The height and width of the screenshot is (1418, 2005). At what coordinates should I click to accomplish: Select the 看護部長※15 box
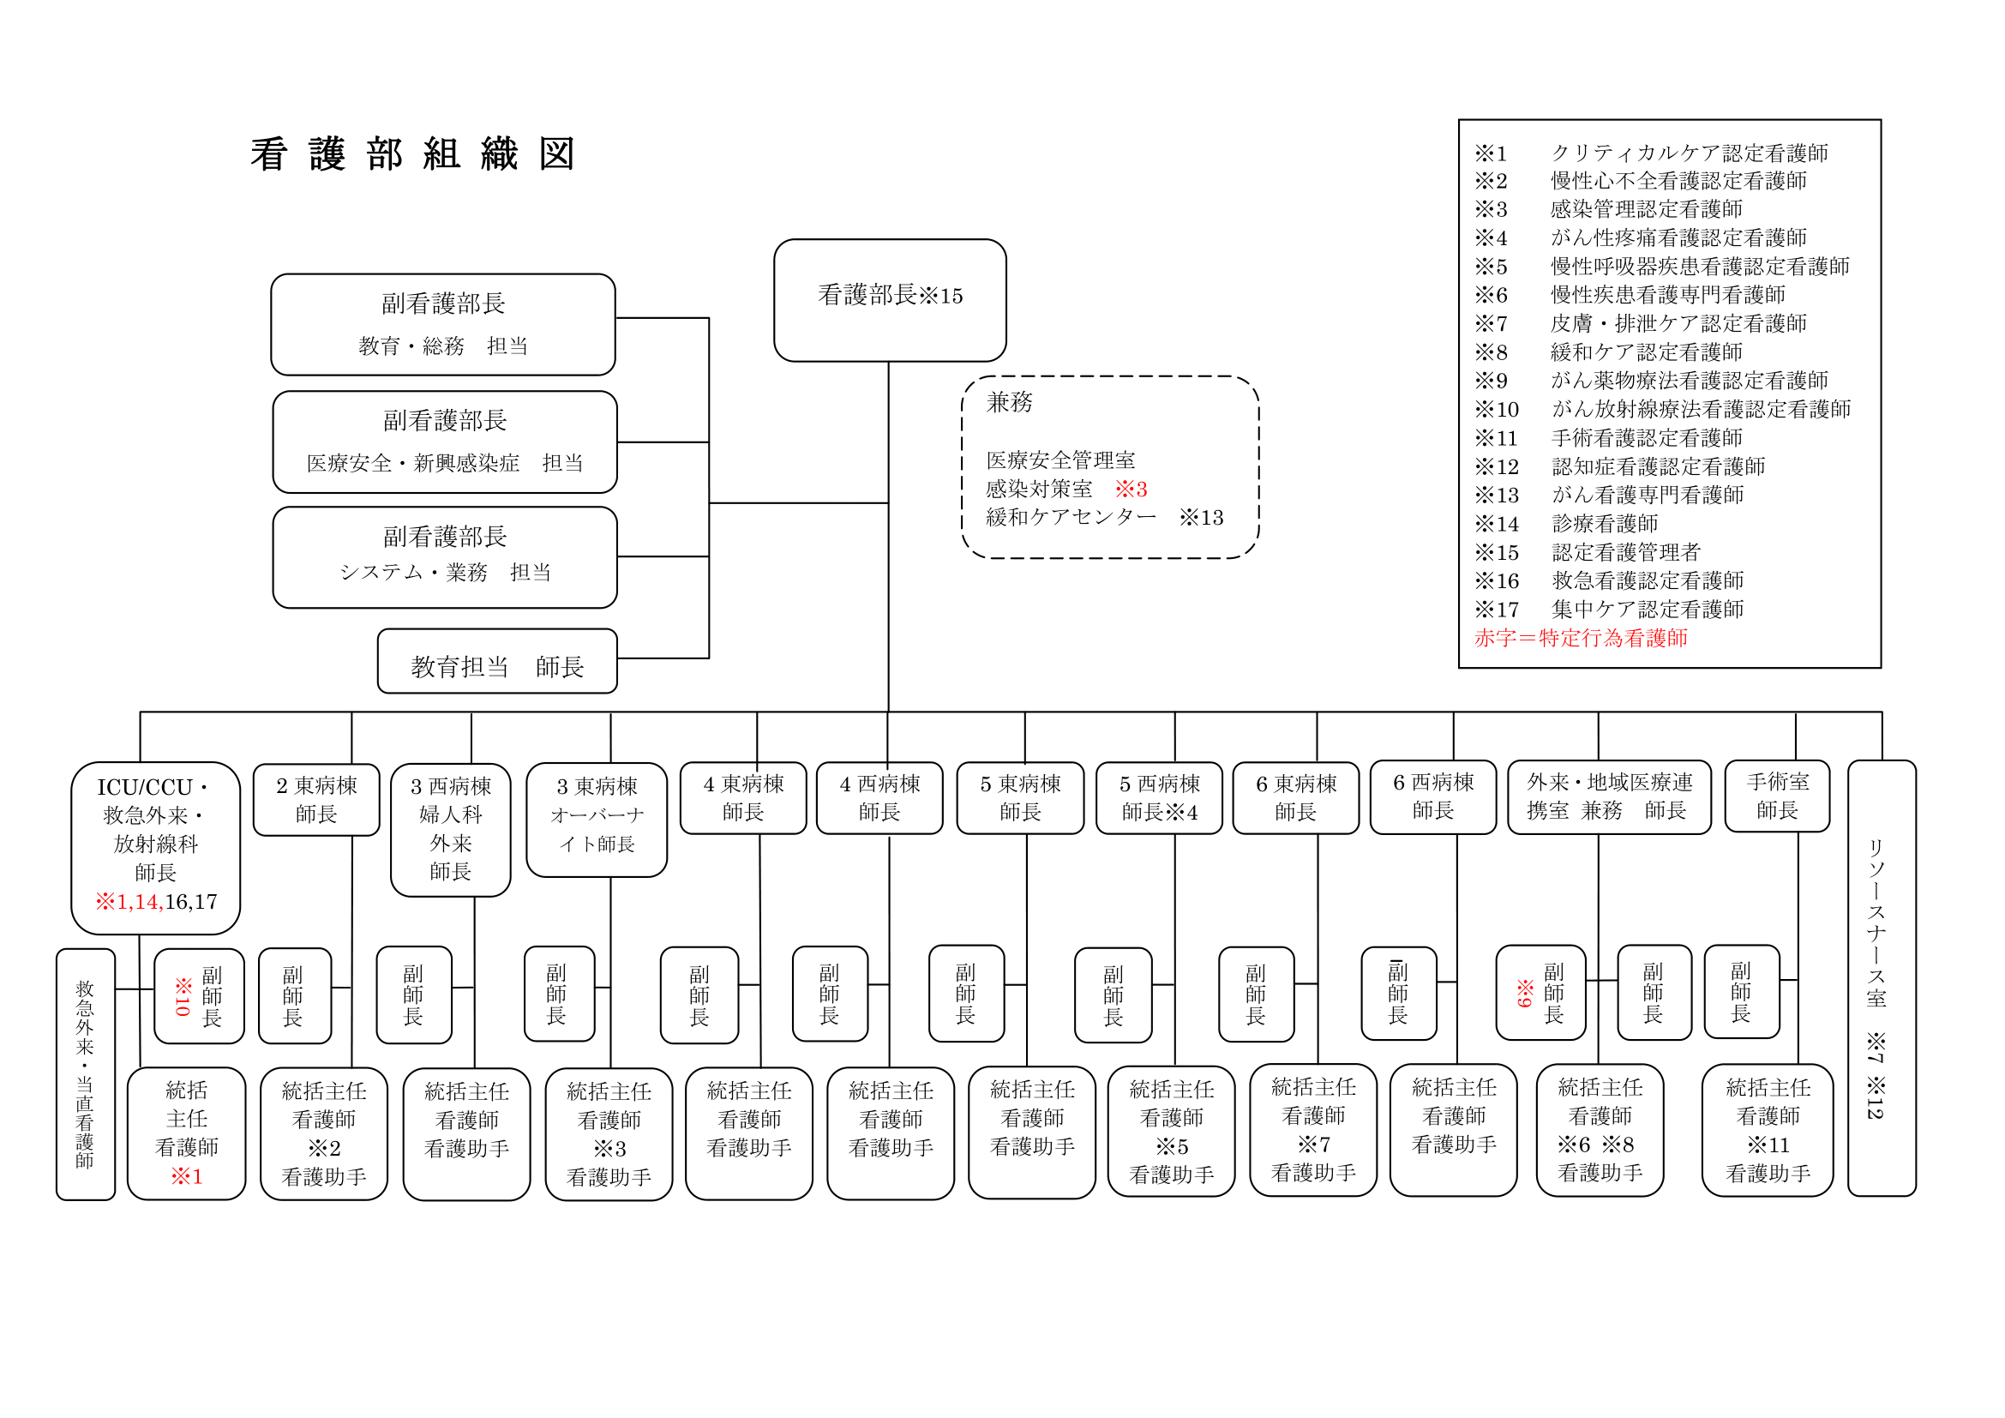(889, 299)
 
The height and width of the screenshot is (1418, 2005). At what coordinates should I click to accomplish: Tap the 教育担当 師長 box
(497, 662)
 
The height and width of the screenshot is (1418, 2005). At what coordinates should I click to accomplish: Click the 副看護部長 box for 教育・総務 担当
(442, 324)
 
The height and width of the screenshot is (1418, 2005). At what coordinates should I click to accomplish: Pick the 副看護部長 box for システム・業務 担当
(445, 557)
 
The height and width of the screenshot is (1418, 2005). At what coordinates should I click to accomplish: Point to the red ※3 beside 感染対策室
(1130, 489)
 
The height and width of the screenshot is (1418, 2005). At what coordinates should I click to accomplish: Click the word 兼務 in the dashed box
(1009, 403)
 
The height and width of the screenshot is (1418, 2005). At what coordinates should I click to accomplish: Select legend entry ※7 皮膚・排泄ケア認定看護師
(1640, 324)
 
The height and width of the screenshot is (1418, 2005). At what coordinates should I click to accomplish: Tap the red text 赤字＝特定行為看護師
(1580, 639)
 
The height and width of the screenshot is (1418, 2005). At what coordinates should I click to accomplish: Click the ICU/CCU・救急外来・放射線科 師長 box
(155, 847)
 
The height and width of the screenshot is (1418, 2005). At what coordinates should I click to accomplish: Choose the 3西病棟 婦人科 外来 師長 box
(451, 830)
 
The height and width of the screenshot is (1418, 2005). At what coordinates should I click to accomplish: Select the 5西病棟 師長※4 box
(1159, 798)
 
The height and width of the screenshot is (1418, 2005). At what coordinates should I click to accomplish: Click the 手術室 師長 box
(1776, 796)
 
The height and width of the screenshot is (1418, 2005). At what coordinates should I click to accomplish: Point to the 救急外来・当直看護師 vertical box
(85, 1074)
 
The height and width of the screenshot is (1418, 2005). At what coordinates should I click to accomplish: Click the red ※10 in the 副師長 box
(183, 996)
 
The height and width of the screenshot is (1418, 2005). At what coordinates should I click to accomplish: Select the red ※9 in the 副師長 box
(1524, 993)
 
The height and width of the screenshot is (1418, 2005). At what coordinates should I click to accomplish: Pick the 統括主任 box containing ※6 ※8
(1599, 1130)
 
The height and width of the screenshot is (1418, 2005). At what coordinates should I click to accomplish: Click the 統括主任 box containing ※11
(1767, 1130)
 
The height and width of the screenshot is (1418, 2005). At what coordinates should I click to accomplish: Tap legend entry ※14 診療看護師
(1566, 524)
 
